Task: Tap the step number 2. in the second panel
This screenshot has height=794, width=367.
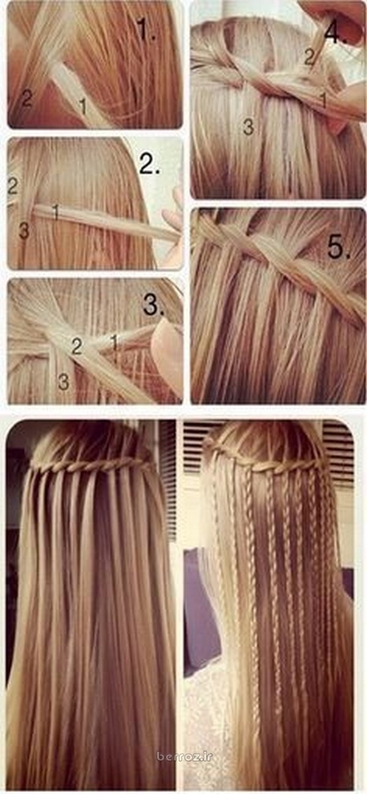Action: point(149,164)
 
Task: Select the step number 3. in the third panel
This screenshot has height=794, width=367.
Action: point(154,305)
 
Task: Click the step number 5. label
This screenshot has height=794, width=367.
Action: point(339,247)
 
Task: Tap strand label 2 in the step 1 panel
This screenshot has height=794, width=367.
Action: point(27,98)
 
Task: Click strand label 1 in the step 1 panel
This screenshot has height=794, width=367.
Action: point(83,106)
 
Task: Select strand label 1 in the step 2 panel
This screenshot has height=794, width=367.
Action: point(55,211)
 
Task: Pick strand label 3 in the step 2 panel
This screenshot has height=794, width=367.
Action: point(24,231)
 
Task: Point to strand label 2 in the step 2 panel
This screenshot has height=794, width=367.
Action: point(12,186)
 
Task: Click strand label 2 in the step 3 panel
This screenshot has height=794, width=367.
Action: point(76,347)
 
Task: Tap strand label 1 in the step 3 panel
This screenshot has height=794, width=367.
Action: point(114,342)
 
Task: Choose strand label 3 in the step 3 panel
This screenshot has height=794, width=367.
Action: point(64,382)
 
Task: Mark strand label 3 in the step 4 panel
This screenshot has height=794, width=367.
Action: point(248,127)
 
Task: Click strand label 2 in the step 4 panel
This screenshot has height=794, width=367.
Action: point(310,57)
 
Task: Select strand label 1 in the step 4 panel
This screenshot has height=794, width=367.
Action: point(324,100)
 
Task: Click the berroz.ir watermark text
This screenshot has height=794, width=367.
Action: point(184,766)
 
